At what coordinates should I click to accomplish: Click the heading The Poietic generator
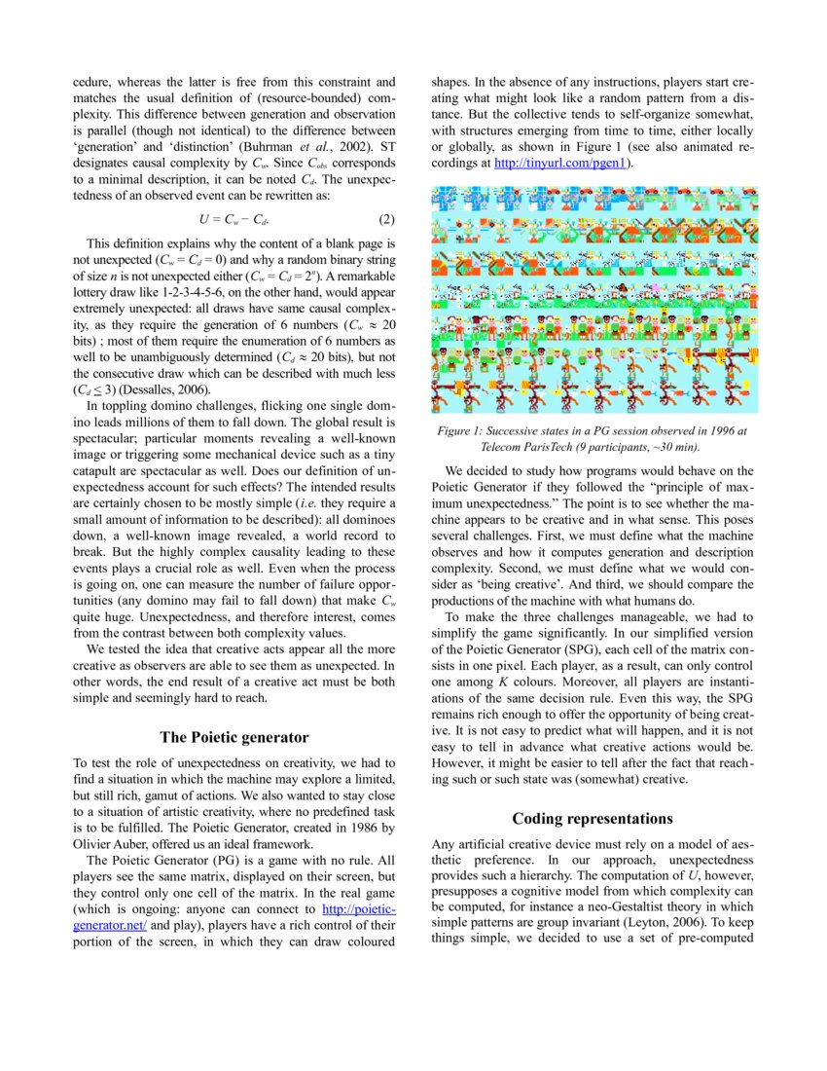pos(234,737)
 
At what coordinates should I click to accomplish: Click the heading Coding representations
pos(592,818)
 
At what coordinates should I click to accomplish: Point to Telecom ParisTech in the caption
pos(530,446)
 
